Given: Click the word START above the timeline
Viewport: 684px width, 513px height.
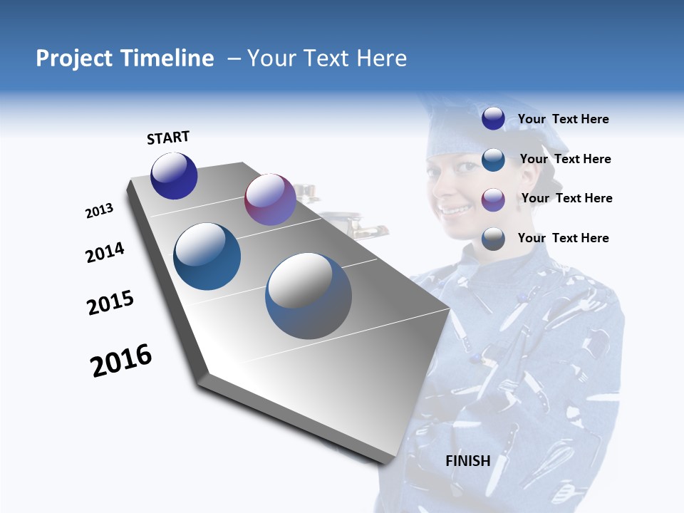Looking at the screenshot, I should coord(168,138).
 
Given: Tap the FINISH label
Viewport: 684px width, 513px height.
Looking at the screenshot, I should coord(467,461).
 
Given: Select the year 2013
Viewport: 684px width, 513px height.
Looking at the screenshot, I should coord(100,211).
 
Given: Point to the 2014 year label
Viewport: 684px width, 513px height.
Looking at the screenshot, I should coord(105,253).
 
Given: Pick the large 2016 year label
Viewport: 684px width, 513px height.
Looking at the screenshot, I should coord(121,361).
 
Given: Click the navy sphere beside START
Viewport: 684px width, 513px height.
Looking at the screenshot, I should coord(174,176).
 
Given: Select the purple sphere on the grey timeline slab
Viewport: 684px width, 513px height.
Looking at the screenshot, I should coord(270,199).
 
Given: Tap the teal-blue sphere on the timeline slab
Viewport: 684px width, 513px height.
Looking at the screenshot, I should coord(207,256).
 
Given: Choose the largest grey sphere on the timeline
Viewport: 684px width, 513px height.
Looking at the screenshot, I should coord(309,296).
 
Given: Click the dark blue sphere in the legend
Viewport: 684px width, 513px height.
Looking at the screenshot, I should coord(493,119).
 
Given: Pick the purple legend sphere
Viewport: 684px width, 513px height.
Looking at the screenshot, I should coord(493,199).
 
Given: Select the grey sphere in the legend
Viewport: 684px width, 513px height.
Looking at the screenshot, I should coord(493,239).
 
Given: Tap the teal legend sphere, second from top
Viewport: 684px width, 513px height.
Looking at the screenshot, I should coord(493,159).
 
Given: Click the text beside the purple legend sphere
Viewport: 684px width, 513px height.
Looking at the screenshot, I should coord(566,198).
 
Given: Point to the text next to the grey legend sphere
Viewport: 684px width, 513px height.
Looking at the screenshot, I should coord(563,238).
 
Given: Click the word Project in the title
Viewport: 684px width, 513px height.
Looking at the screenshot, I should coord(75,58).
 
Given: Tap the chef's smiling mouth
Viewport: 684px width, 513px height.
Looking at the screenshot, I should coord(454,209).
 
